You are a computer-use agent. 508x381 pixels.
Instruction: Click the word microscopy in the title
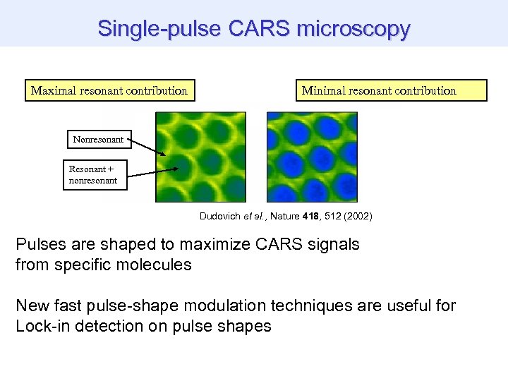point(353,29)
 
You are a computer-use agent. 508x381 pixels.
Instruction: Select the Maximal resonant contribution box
point(110,90)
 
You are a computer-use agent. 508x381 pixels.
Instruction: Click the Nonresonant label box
point(97,140)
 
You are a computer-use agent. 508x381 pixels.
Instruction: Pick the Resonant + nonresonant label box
point(93,175)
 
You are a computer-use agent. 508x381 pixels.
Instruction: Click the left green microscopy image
point(200,157)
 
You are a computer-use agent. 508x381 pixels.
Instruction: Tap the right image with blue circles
point(312,157)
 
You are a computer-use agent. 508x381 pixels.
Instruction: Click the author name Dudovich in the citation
point(222,216)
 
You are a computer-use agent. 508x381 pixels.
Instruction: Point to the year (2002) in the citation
point(356,216)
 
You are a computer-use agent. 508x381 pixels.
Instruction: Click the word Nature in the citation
point(284,216)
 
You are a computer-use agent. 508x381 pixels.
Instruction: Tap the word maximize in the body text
point(207,245)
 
